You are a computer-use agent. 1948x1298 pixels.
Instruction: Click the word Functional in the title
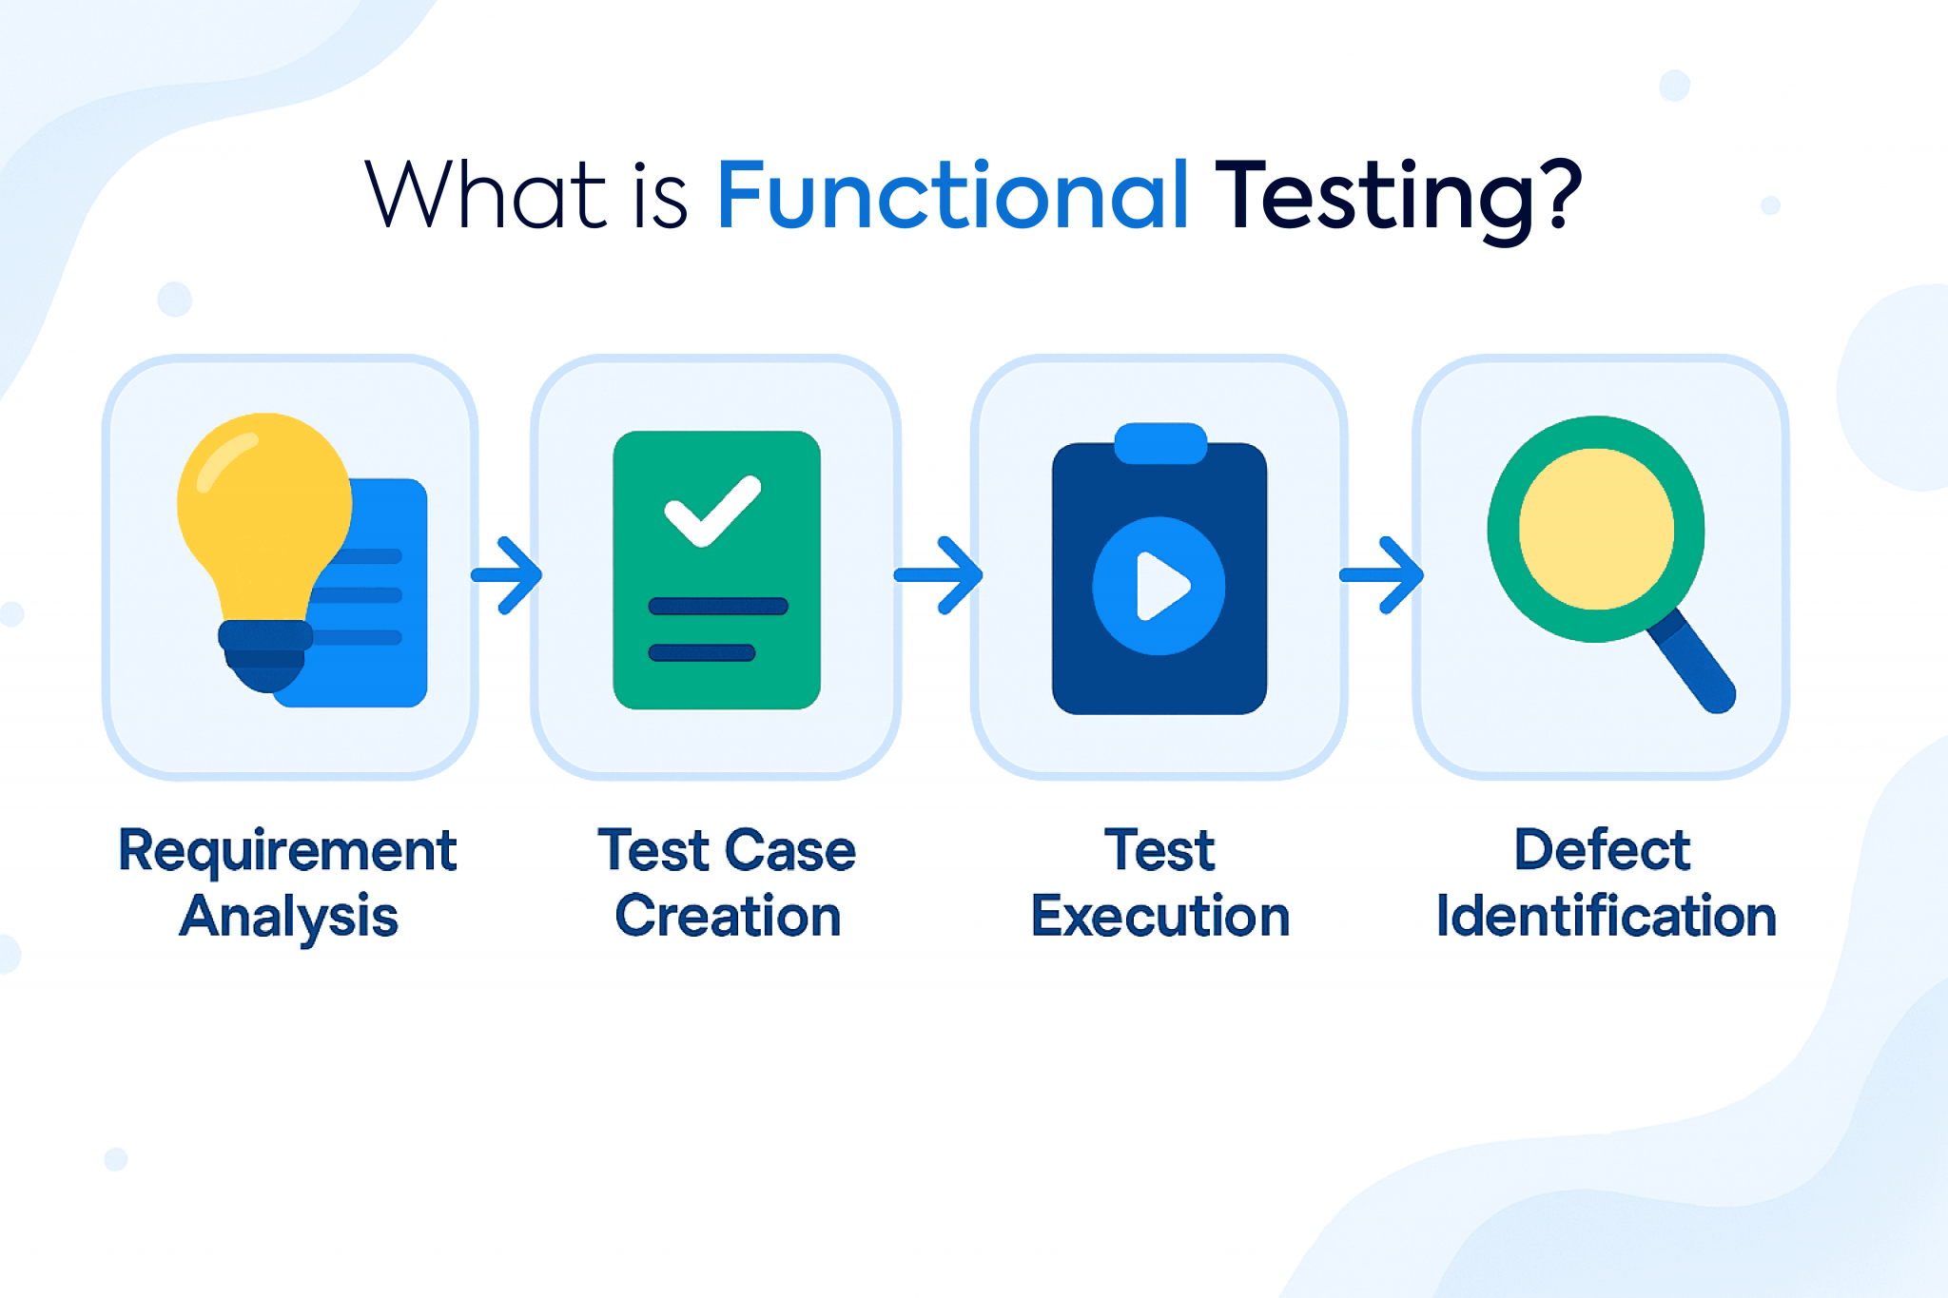pos(952,196)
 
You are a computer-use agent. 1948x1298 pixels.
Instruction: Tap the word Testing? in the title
pos(1398,196)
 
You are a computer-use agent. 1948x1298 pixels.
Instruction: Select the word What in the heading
pos(485,196)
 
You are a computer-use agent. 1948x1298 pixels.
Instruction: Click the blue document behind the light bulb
pos(390,666)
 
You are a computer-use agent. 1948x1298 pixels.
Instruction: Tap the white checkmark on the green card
pos(712,511)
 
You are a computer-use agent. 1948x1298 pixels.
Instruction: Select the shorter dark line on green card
pos(702,652)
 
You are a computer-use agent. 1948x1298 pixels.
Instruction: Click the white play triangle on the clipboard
pos(1160,586)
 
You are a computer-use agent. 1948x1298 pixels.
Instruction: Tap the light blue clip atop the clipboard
pos(1160,443)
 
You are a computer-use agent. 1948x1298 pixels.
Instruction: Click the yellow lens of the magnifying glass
pos(1596,529)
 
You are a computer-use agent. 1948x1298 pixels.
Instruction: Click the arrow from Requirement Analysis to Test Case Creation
pos(508,575)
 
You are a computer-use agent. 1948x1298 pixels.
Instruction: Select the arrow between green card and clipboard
pos(939,575)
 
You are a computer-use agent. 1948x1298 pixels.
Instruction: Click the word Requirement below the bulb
pos(287,850)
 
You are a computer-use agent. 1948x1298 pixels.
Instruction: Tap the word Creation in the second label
pos(728,917)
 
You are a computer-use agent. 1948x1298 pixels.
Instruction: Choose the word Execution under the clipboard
pos(1160,917)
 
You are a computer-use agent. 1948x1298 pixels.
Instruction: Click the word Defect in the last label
pos(1603,850)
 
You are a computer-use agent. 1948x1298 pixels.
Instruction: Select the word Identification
pos(1606,917)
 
